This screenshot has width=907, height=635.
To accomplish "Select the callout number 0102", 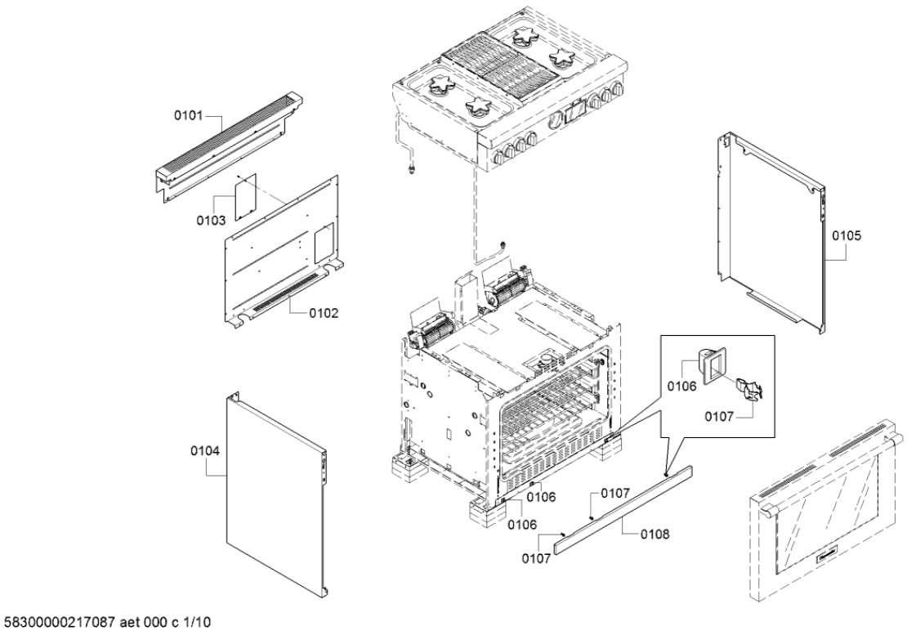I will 324,312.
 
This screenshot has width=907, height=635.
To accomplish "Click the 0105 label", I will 847,235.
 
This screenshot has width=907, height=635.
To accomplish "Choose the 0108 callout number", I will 655,534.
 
